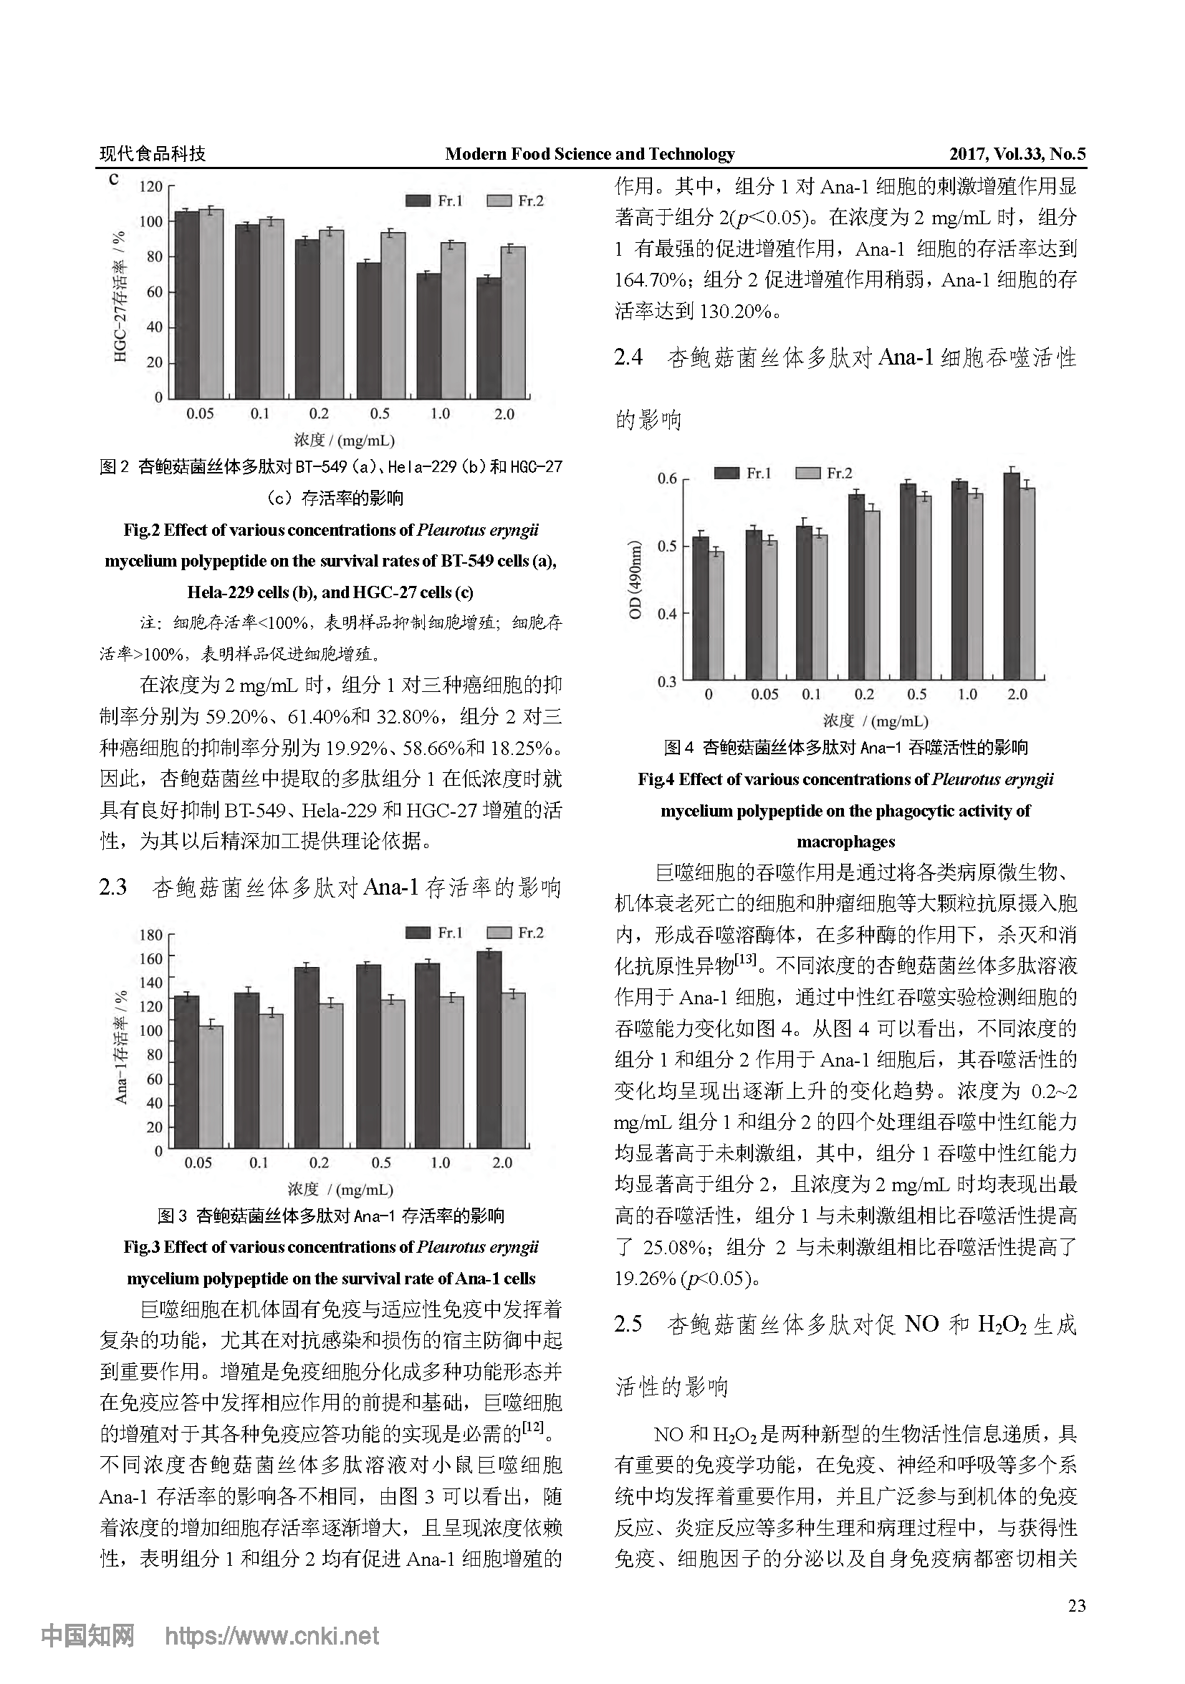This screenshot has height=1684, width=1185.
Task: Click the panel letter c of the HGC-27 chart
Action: tap(113, 179)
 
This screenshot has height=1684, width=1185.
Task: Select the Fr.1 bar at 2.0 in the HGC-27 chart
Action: tap(489, 337)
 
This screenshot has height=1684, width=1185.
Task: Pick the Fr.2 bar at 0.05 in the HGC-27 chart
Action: tap(211, 304)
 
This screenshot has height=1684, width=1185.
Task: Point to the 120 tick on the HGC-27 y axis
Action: tap(151, 186)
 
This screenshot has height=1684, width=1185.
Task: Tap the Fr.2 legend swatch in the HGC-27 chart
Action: tap(499, 201)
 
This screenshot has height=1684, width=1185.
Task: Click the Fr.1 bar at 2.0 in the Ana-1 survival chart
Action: tap(489, 1049)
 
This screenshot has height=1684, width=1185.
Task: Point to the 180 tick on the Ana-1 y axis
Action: tap(151, 935)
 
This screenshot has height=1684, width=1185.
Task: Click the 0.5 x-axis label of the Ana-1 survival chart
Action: tap(381, 1163)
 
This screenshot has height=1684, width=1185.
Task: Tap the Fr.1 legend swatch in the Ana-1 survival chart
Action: tap(418, 932)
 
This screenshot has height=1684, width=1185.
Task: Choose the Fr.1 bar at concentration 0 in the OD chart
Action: tap(700, 608)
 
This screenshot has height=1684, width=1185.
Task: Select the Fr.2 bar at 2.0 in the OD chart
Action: tap(1027, 584)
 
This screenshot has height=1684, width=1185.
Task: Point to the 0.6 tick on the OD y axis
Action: tap(667, 479)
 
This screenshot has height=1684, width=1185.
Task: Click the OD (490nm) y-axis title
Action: tap(635, 579)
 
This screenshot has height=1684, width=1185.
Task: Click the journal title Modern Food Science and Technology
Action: tap(589, 154)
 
